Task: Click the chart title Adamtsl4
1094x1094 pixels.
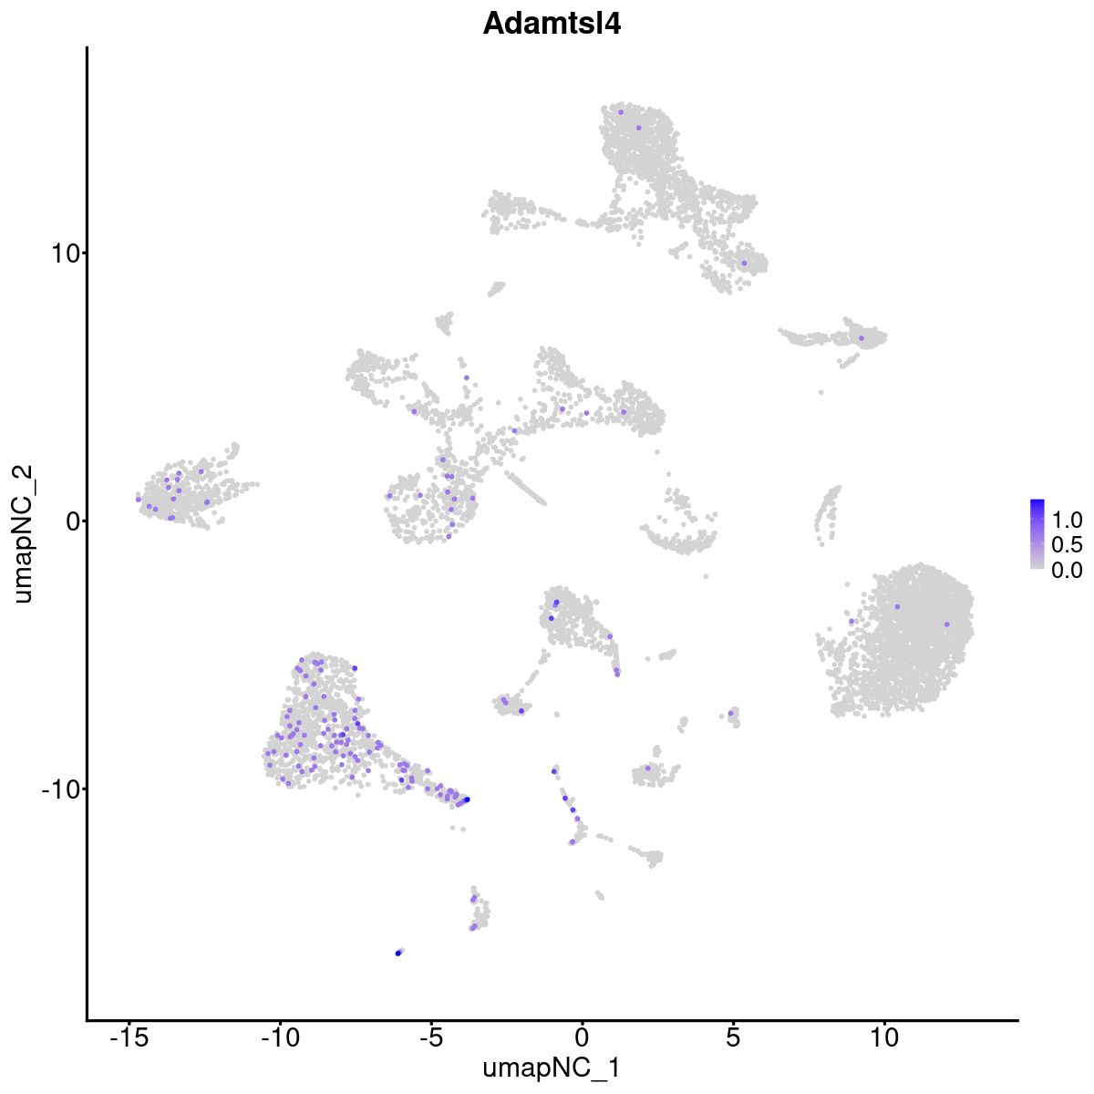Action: [552, 25]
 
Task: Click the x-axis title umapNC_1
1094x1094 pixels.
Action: [552, 1068]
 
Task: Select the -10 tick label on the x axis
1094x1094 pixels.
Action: [280, 1037]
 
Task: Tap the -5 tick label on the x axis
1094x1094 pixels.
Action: [431, 1037]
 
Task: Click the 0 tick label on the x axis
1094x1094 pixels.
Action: [582, 1037]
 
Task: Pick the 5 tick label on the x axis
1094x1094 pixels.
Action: [732, 1037]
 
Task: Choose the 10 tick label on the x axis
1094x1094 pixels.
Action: [883, 1037]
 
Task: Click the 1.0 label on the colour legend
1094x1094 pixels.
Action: [1067, 521]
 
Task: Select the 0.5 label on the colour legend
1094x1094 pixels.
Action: [1067, 545]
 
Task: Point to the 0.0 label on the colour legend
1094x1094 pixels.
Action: [1067, 570]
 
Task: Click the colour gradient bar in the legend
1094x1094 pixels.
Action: [1037, 534]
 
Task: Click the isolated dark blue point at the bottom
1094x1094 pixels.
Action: [398, 953]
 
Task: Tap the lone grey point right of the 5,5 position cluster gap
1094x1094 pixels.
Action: [820, 392]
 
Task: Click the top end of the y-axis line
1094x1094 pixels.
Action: [88, 47]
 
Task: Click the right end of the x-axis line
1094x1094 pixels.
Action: [1017, 1020]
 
